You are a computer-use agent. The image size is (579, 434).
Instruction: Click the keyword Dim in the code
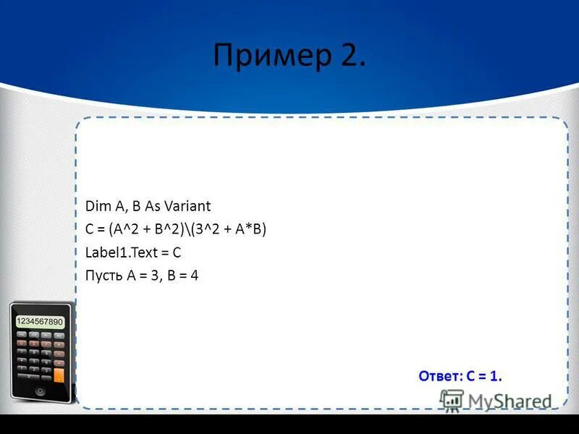coord(95,206)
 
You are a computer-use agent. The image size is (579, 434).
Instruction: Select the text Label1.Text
coord(116,252)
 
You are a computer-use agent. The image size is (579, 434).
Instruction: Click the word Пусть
coord(103,276)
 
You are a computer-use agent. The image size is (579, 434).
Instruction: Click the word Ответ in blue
coord(436,375)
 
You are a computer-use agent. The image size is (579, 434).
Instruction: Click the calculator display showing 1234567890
coord(40,321)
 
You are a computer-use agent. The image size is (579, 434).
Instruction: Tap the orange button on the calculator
coord(60,375)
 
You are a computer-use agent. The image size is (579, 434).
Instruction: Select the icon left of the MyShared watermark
coord(452,400)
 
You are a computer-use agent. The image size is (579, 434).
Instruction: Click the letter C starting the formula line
coord(90,229)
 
